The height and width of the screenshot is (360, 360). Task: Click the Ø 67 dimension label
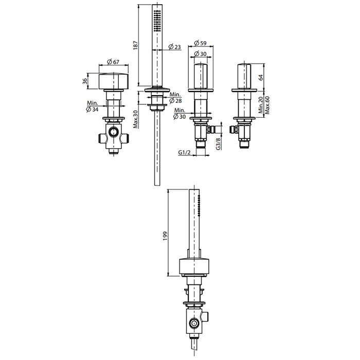click(113, 62)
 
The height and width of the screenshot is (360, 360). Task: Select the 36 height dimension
click(85, 81)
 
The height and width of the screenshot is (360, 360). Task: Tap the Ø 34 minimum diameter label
click(92, 106)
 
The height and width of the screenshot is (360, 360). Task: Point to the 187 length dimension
click(135, 45)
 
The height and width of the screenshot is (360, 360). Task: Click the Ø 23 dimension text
click(175, 47)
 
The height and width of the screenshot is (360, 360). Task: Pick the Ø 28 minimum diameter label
click(175, 98)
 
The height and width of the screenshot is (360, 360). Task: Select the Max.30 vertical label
click(136, 119)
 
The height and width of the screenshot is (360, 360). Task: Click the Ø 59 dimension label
click(200, 43)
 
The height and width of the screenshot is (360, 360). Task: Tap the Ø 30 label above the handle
click(200, 53)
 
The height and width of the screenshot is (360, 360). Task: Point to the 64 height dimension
click(261, 77)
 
